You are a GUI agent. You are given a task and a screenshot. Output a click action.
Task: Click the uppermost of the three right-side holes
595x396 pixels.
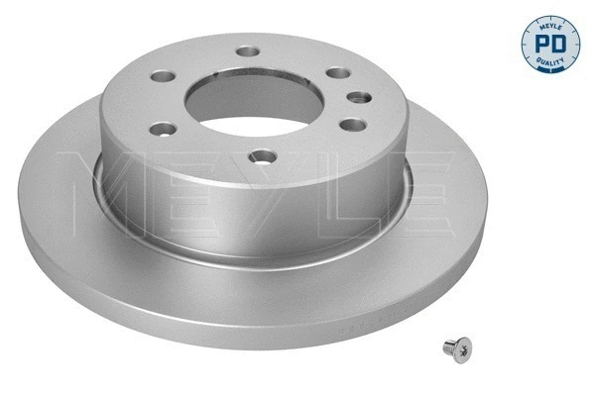click(338, 74)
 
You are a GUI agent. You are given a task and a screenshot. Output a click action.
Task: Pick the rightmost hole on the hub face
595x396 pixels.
click(354, 97)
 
